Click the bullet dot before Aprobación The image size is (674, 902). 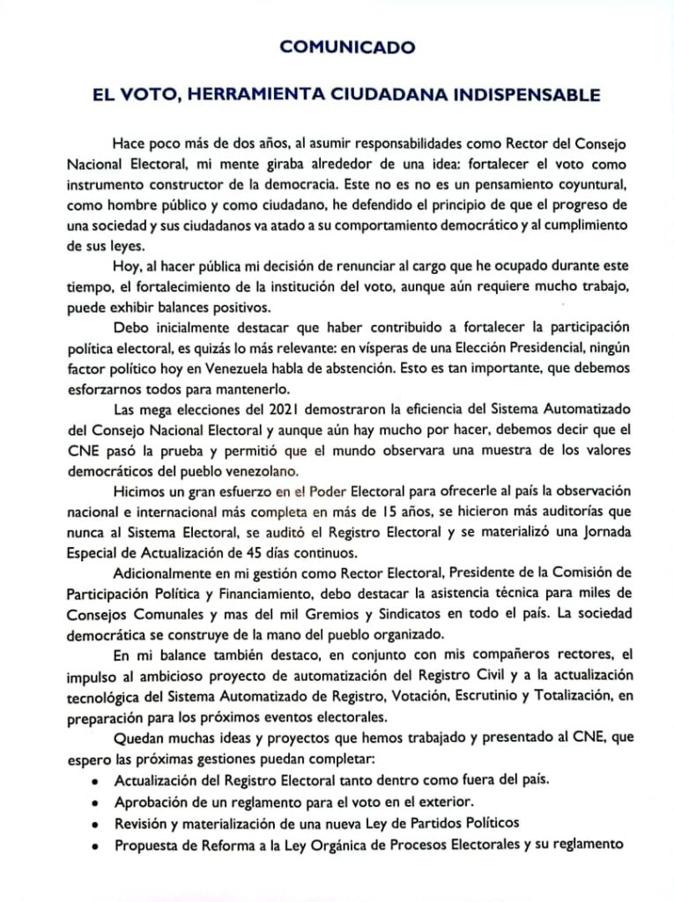point(95,803)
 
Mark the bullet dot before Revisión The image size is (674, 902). point(95,824)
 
